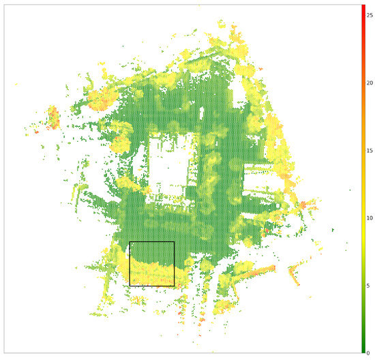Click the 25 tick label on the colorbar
tap(370, 15)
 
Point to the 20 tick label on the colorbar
tap(370, 82)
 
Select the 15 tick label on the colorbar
tap(370, 150)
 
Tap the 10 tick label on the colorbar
tap(370, 217)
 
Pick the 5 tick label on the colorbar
tap(369, 285)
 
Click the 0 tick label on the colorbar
tap(369, 352)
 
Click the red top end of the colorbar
tap(363, 7)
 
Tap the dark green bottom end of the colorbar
tap(363, 350)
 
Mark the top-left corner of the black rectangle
tap(130, 241)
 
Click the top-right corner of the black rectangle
tap(174, 241)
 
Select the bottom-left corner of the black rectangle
tap(130, 286)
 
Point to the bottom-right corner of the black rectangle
tap(174, 286)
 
